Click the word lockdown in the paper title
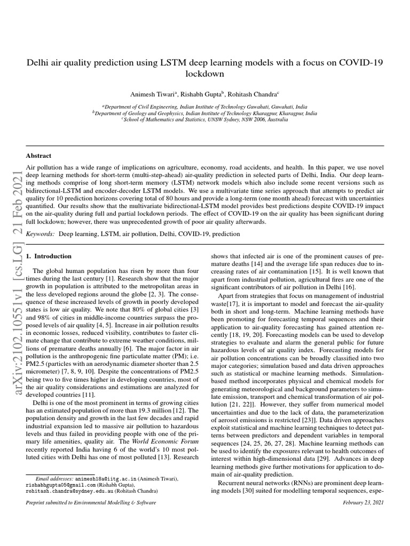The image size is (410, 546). coord(204,74)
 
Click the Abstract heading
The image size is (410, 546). coord(39,156)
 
